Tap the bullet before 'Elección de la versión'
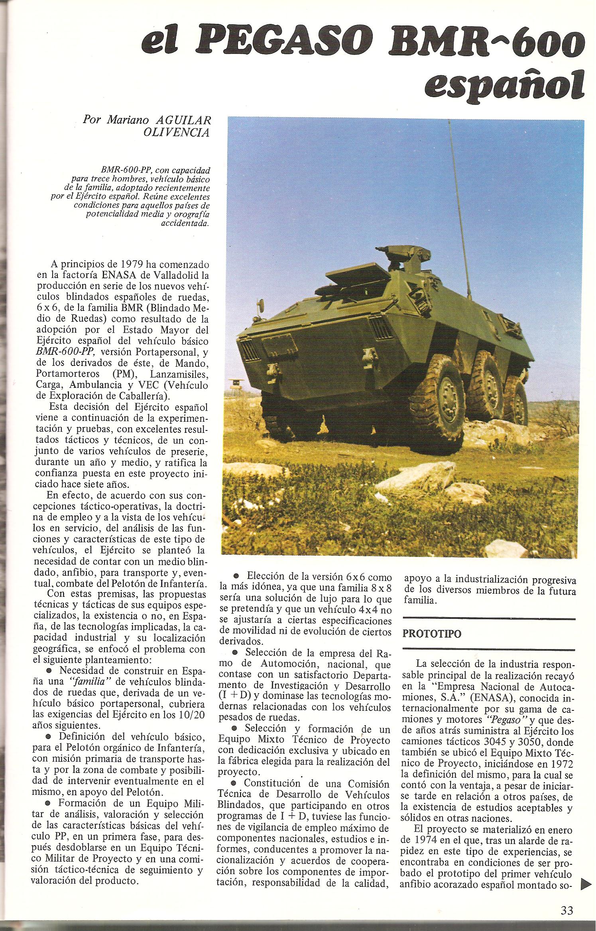[x=236, y=576]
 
